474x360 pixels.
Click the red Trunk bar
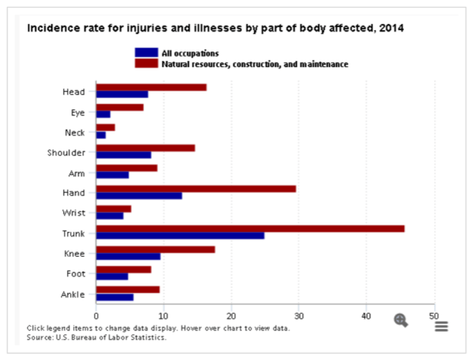(x=250, y=228)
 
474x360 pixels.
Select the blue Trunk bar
(x=180, y=235)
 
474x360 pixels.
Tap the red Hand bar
(x=195, y=188)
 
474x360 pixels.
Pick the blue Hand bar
(x=139, y=195)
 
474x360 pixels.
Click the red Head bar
(x=151, y=87)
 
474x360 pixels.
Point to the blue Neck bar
(x=101, y=135)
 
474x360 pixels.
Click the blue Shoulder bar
(x=123, y=155)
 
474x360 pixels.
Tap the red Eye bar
(x=119, y=107)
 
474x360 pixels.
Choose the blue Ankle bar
(x=115, y=297)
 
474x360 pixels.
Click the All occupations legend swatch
(x=146, y=52)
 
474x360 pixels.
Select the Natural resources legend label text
(x=255, y=65)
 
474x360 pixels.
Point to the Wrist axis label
(x=75, y=212)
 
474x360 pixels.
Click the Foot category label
(x=75, y=272)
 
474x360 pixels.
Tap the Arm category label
(x=77, y=172)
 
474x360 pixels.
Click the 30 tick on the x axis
(x=299, y=315)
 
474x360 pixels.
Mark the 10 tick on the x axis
(x=164, y=315)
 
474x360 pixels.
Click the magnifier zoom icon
(x=401, y=319)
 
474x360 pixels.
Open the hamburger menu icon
(x=441, y=326)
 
